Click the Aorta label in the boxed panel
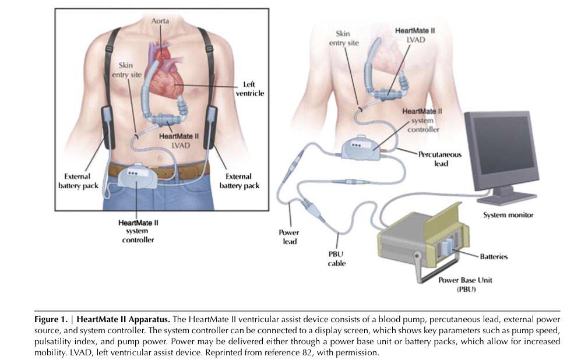coord(160,20)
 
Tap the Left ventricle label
coord(252,89)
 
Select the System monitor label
coord(508,215)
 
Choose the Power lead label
coord(289,237)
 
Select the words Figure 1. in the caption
coord(54,319)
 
